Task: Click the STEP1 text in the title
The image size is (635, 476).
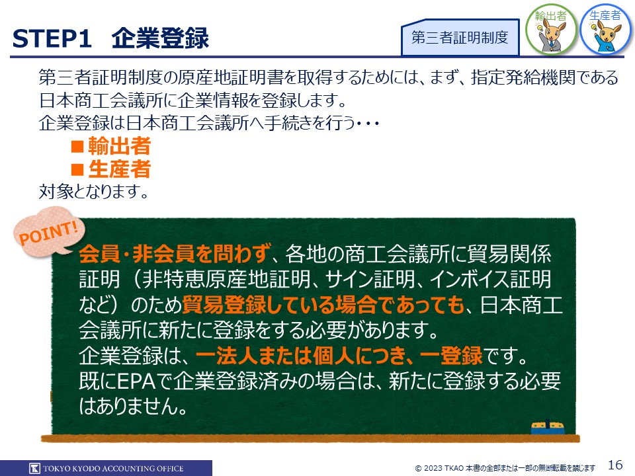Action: (x=52, y=39)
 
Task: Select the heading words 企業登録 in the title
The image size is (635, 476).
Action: (x=160, y=38)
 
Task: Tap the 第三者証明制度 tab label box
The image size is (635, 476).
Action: (x=460, y=37)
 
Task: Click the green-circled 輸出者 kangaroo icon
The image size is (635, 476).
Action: (x=551, y=29)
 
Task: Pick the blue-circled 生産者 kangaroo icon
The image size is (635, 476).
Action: (x=605, y=29)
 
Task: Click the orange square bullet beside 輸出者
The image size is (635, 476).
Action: (x=77, y=146)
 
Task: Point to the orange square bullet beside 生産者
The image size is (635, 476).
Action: (x=77, y=169)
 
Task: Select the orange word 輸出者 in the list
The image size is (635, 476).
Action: (x=120, y=145)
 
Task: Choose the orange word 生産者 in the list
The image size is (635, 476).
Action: (x=120, y=169)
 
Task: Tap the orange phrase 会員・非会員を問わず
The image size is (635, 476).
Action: (x=175, y=253)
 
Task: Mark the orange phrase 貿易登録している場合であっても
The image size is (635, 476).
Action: (x=323, y=305)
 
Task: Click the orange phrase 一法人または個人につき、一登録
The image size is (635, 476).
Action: (x=339, y=356)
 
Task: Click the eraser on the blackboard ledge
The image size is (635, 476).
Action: (x=547, y=428)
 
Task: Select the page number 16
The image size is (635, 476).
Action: (x=615, y=465)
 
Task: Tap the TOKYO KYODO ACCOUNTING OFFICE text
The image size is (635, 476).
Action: (x=113, y=468)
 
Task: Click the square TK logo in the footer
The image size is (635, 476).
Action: (x=35, y=468)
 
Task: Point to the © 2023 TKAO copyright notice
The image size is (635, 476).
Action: (x=505, y=468)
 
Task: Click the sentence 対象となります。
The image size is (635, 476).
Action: (x=94, y=192)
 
